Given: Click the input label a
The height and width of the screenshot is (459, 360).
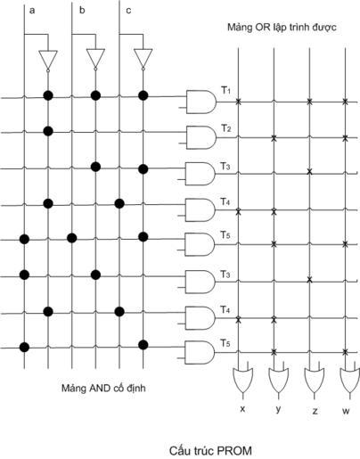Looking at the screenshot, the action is [x=32, y=11].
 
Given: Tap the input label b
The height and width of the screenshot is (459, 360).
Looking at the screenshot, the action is [x=82, y=10].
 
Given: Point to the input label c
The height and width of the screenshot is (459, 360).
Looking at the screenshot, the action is [x=128, y=11].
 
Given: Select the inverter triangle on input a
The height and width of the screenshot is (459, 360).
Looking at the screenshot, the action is [x=48, y=61].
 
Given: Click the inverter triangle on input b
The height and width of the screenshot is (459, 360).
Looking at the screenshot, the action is [x=95, y=60].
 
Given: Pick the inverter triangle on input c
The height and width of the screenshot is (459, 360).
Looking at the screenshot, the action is [x=143, y=60].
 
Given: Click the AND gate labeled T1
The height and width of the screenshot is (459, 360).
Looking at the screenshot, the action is [x=201, y=102].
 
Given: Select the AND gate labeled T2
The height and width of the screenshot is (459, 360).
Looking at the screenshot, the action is [x=201, y=137].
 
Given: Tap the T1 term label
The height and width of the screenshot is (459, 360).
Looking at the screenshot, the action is [x=225, y=90].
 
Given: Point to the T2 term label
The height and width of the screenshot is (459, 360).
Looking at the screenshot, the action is [x=225, y=128].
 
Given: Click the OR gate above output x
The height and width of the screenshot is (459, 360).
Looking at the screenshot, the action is [x=243, y=381].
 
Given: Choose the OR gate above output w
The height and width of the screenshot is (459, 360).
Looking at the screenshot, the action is [x=350, y=381].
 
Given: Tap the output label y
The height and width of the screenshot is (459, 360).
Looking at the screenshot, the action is [x=278, y=409].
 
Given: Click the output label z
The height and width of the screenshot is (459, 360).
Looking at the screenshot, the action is [x=315, y=411].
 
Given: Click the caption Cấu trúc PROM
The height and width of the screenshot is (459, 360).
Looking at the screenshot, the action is [x=210, y=450].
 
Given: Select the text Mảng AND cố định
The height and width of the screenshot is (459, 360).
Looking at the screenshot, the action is [x=103, y=388].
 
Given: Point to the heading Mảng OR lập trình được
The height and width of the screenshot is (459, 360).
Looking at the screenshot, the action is [x=282, y=28].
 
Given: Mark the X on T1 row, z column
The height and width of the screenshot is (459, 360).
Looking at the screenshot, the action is [x=309, y=102].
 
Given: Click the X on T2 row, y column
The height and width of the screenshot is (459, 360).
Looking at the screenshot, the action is [x=274, y=138].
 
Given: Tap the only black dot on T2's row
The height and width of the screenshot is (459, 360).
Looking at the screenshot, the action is [x=48, y=131].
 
